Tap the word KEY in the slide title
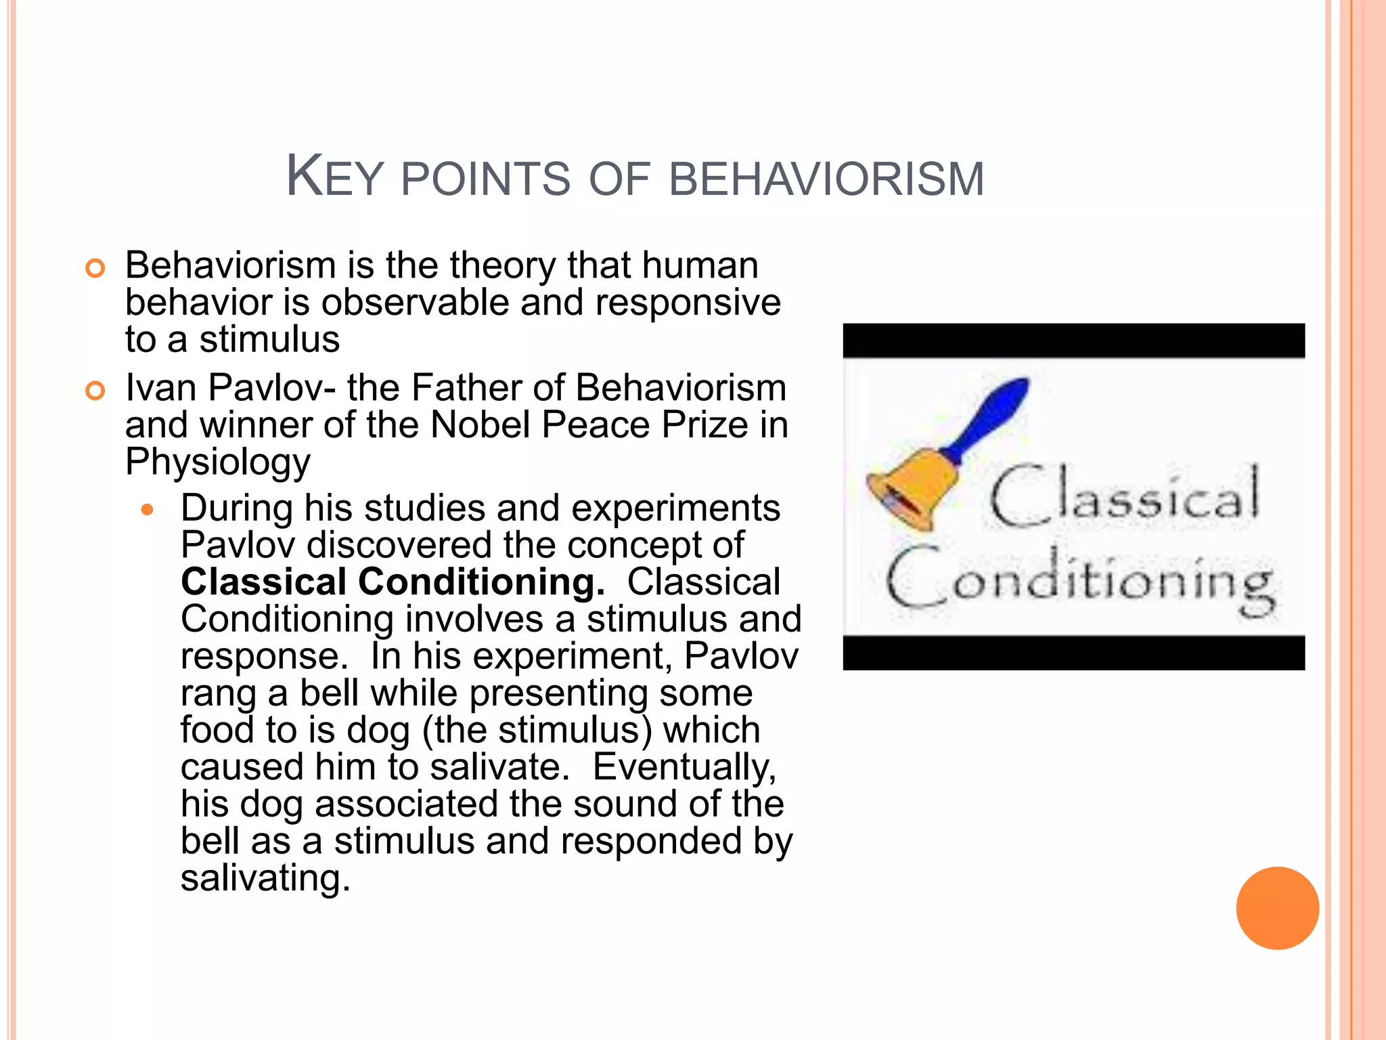coord(334,177)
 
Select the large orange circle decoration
coord(1277,908)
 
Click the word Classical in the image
coord(1124,496)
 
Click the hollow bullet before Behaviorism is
coord(95,268)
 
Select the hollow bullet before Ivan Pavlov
coord(95,391)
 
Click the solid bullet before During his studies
coord(148,509)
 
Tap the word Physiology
coord(217,463)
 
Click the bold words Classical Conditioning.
coord(393,582)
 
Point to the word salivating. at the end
coord(265,878)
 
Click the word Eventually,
coord(684,768)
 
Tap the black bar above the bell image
coord(1073,341)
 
